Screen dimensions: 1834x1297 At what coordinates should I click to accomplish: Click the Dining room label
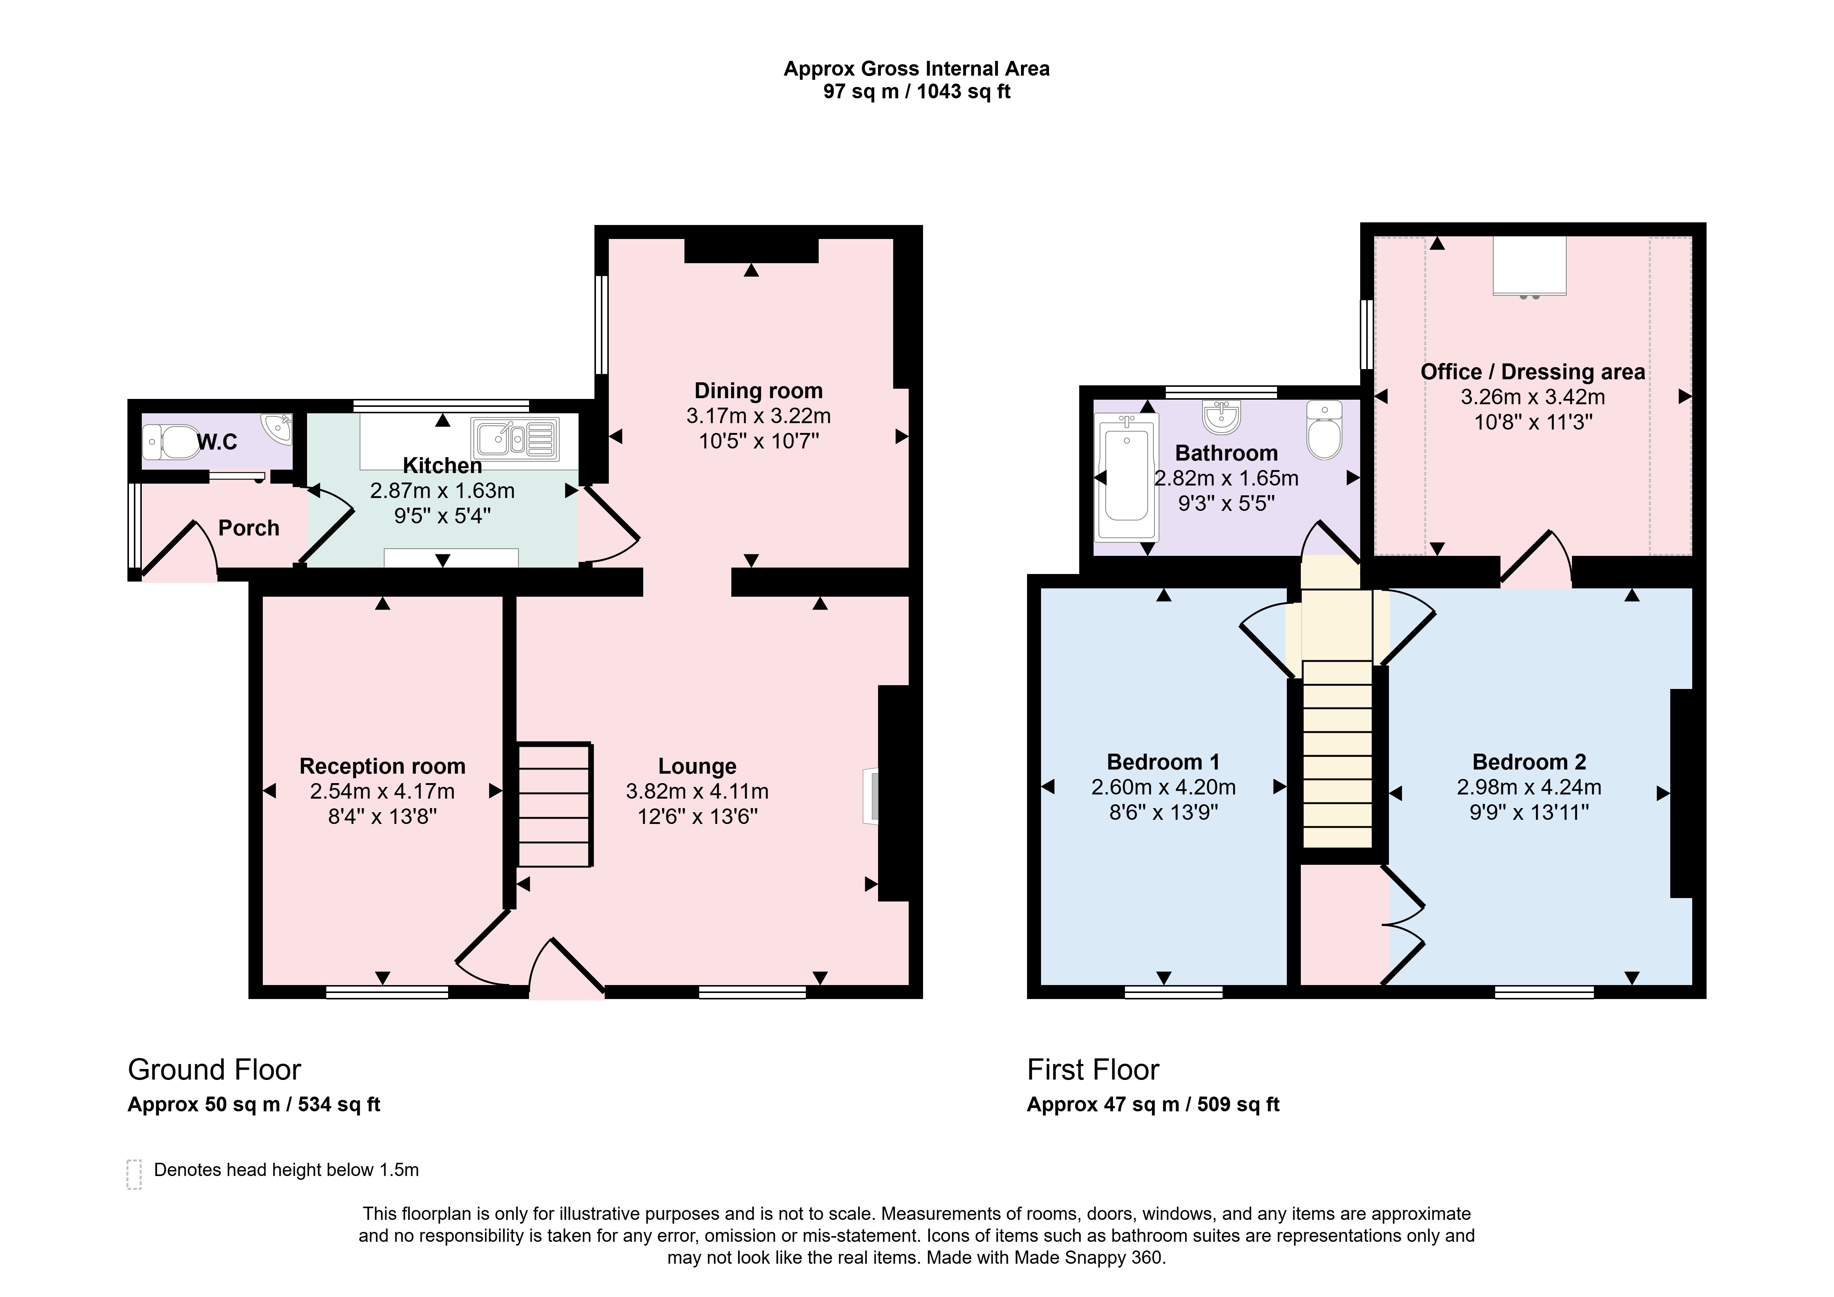pyautogui.click(x=758, y=391)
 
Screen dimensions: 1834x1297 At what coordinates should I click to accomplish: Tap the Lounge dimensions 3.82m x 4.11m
pyautogui.click(x=697, y=791)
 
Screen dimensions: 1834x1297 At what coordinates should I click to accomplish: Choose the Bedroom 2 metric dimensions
pyautogui.click(x=1529, y=787)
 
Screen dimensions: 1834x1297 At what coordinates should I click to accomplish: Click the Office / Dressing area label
pyautogui.click(x=1533, y=372)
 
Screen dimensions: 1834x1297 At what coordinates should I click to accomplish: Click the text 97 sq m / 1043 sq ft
pyautogui.click(x=917, y=92)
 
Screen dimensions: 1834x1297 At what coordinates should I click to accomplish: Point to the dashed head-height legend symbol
pyautogui.click(x=134, y=1175)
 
